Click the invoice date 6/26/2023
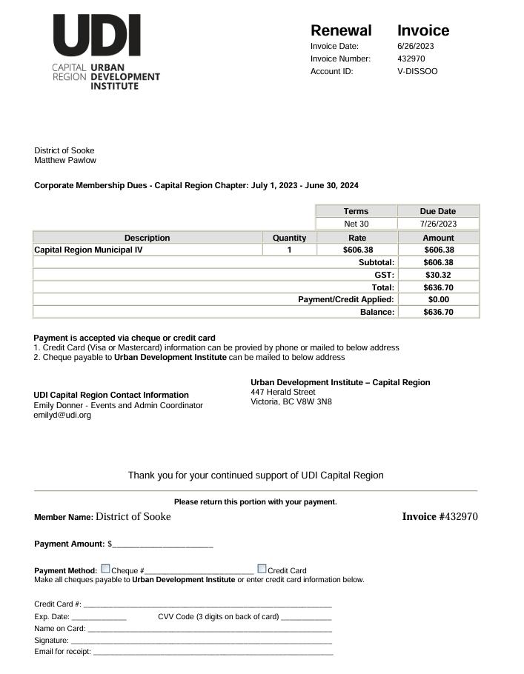click(415, 47)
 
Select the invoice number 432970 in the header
click(411, 59)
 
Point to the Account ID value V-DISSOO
click(417, 72)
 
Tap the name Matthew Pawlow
click(65, 161)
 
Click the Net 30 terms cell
click(356, 224)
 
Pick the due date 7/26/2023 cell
click(438, 224)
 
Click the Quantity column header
click(289, 238)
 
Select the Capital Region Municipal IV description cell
click(89, 250)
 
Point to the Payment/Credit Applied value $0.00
click(438, 300)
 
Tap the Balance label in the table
click(377, 313)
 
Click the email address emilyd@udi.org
click(62, 416)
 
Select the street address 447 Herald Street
click(283, 393)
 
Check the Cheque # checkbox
click(105, 570)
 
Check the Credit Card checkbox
click(262, 570)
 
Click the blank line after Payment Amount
click(162, 545)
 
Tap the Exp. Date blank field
click(99, 617)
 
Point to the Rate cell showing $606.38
click(357, 250)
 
